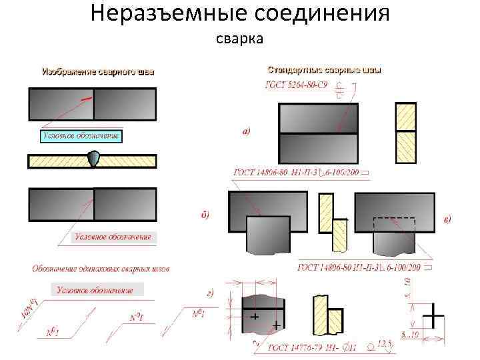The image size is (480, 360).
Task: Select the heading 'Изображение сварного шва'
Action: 98,71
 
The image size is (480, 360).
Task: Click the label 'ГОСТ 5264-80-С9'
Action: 301,85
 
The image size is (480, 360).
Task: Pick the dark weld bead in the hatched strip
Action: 94,159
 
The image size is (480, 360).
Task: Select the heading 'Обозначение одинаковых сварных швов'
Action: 101,269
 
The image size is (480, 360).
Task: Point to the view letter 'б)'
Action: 205,215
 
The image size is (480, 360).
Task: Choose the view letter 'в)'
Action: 447,219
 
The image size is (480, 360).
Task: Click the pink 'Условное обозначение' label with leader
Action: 113,237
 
